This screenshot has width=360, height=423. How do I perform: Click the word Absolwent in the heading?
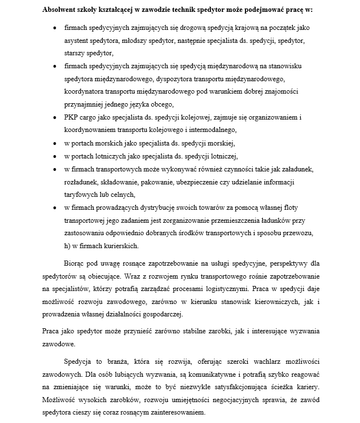tap(60, 10)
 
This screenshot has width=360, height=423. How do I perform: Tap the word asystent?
tap(78, 41)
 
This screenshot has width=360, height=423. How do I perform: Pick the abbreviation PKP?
tap(72, 117)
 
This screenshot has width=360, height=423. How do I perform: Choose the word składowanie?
tap(120, 182)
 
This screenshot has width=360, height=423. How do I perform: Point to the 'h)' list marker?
tap(68, 246)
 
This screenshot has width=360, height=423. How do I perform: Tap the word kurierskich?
tap(121, 246)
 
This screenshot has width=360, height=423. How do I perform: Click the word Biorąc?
tap(76, 263)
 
